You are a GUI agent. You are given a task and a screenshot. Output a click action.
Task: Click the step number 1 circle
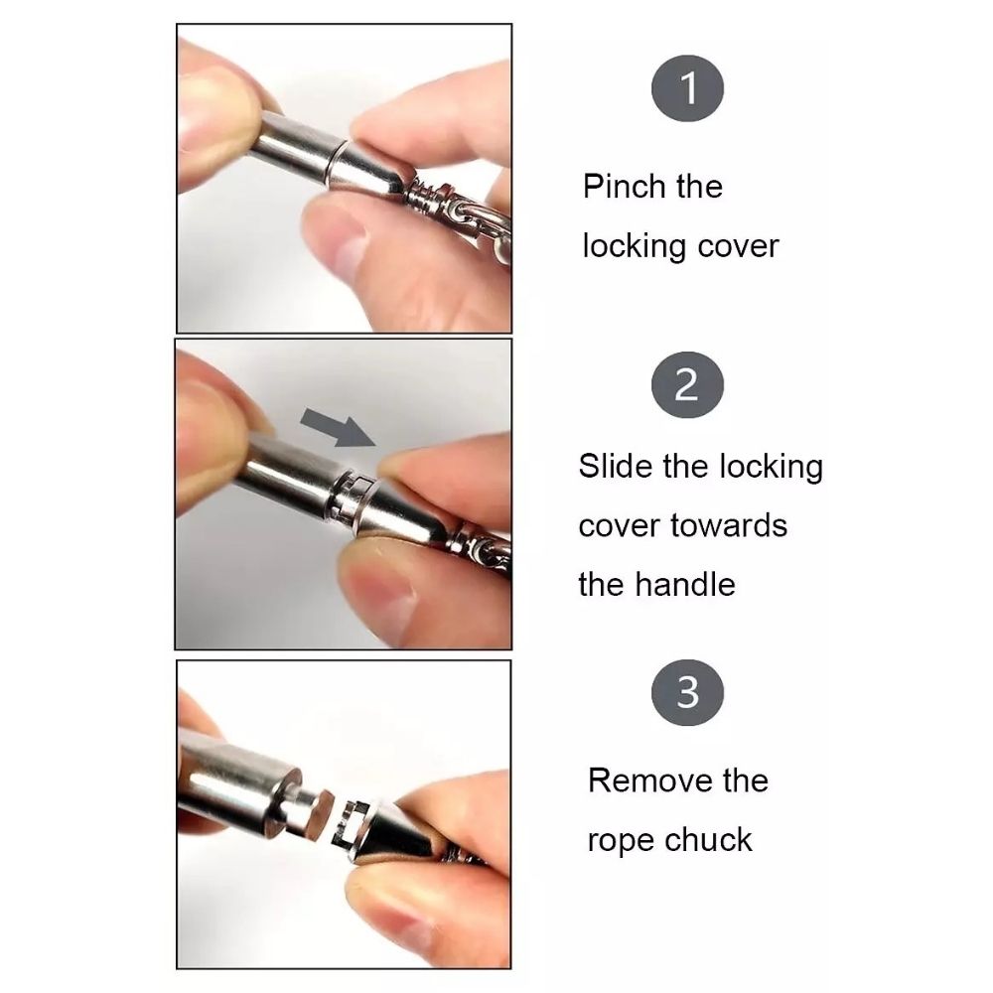(x=687, y=88)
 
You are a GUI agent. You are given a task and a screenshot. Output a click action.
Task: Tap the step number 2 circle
(x=687, y=385)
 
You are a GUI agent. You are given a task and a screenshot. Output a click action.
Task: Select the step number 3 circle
(x=687, y=692)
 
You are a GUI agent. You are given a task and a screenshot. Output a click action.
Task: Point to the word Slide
(x=616, y=466)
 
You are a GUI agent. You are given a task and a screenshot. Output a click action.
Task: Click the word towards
(x=728, y=525)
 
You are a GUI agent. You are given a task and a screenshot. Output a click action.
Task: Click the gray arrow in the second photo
(x=338, y=427)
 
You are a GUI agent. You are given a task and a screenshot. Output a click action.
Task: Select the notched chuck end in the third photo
(x=355, y=824)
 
